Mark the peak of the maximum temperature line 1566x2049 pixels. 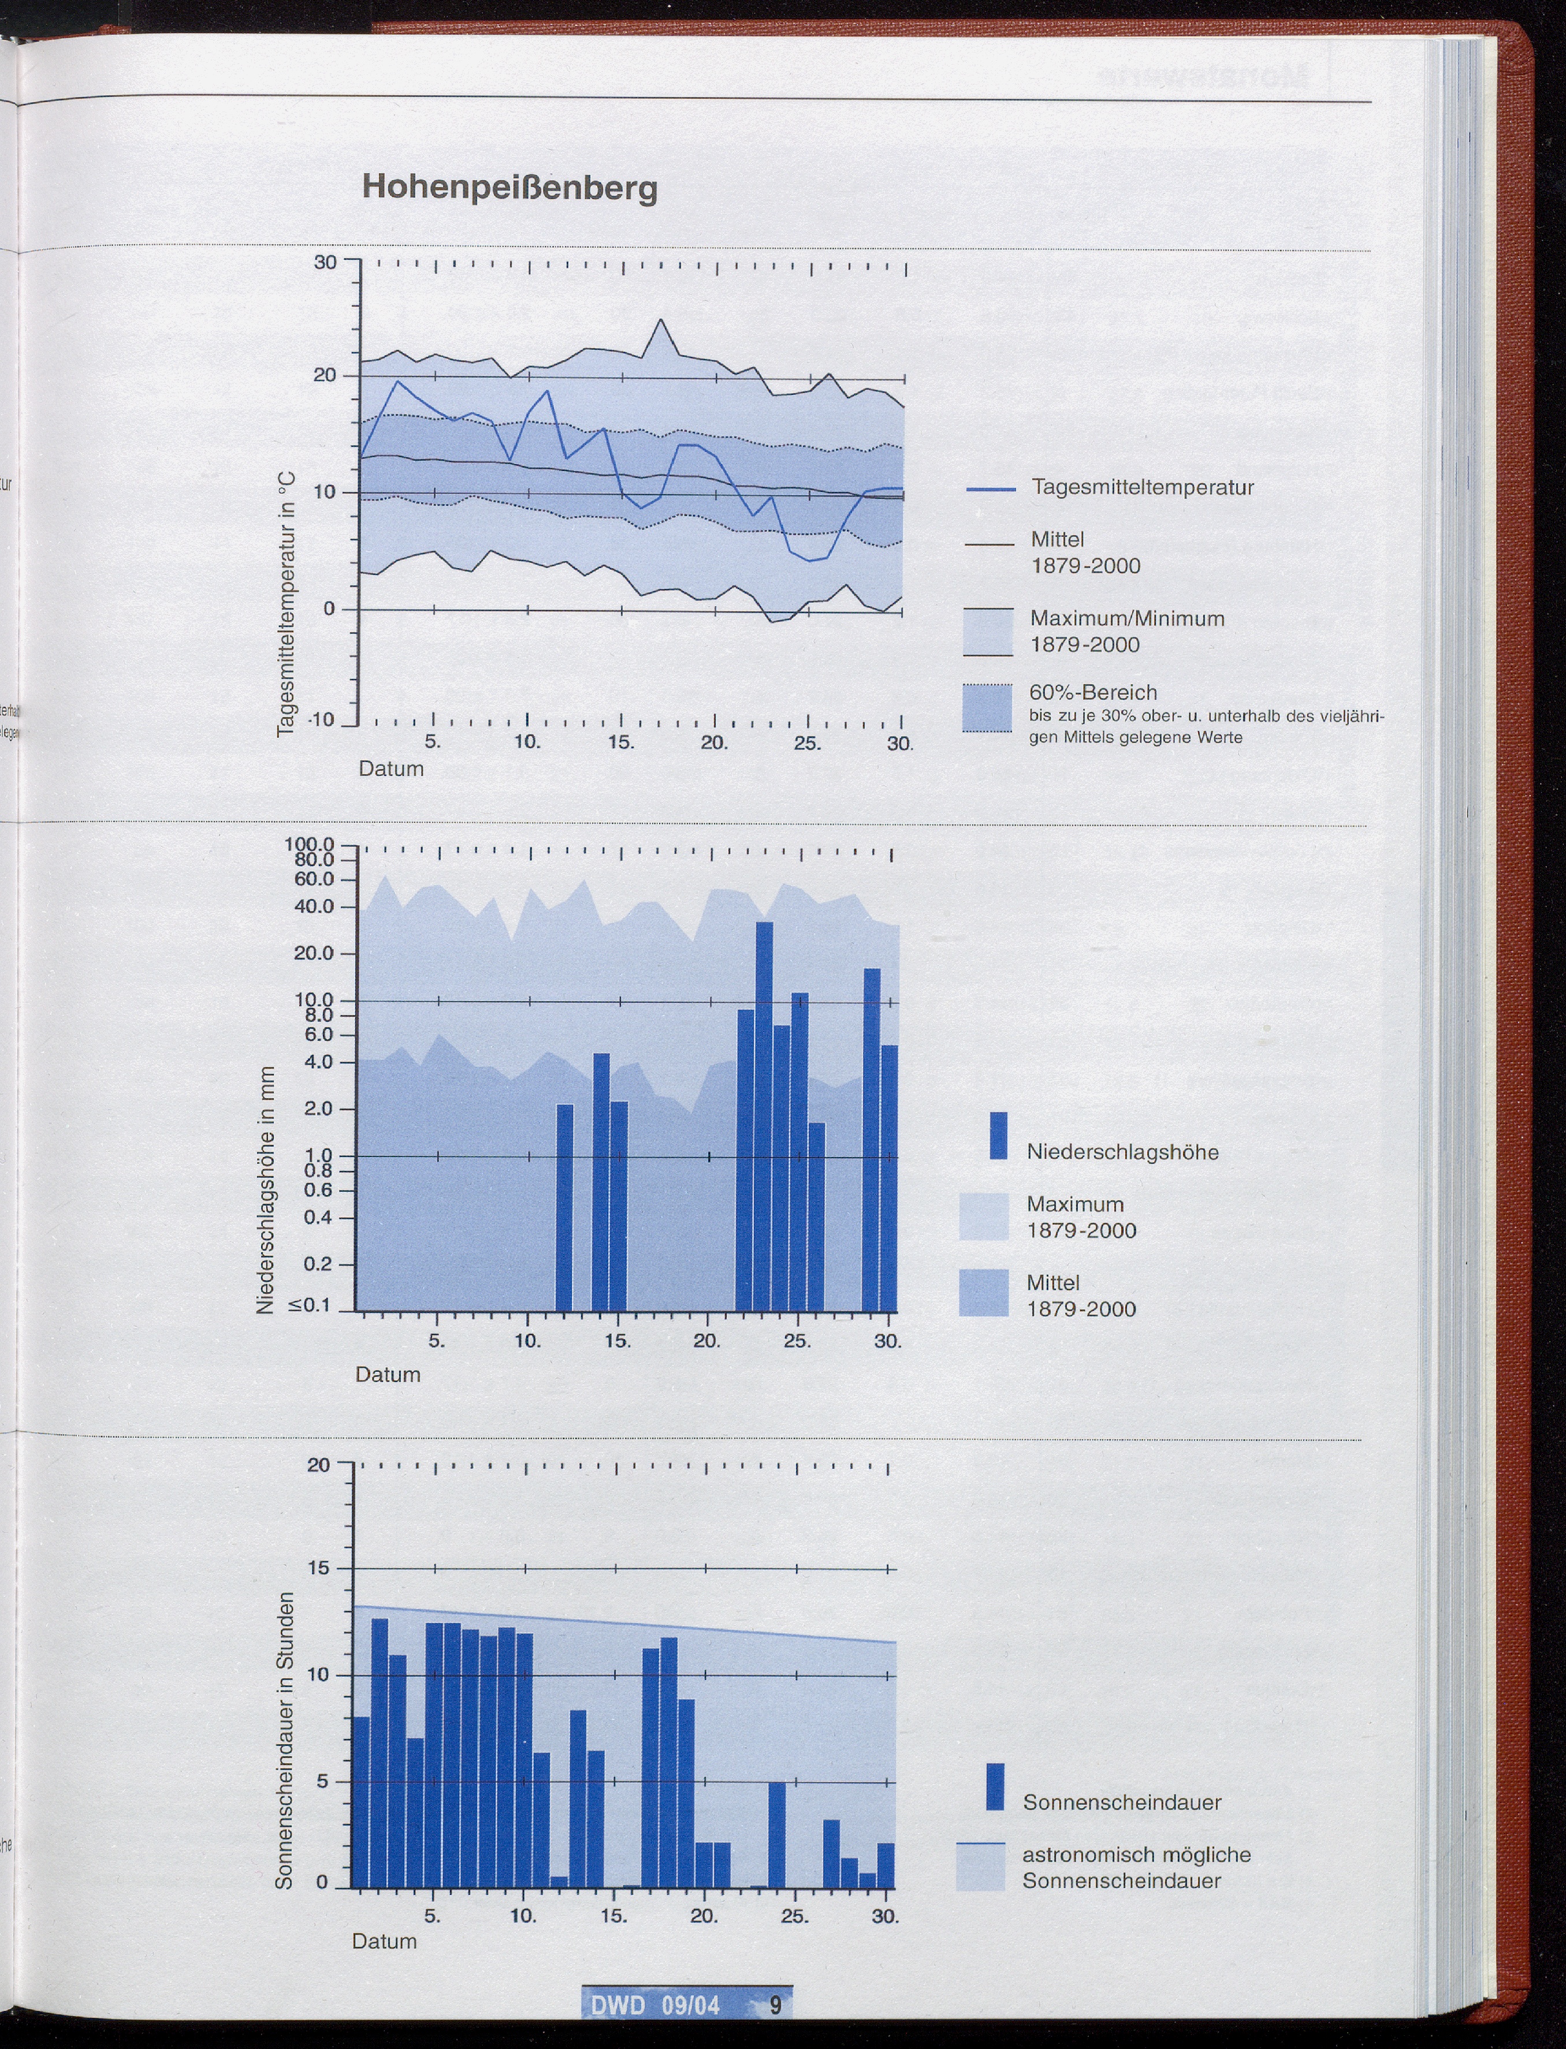pos(661,320)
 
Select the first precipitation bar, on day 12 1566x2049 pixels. pos(564,1207)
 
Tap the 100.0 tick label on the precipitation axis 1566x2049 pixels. pos(310,844)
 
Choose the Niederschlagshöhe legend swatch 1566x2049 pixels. pos(998,1135)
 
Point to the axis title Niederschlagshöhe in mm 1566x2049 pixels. pos(266,1190)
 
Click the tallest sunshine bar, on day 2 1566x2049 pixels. pos(380,1752)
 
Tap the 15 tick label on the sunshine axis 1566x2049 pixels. pos(319,1568)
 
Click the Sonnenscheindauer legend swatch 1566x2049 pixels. pos(995,1786)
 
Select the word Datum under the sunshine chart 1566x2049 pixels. pos(384,1941)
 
